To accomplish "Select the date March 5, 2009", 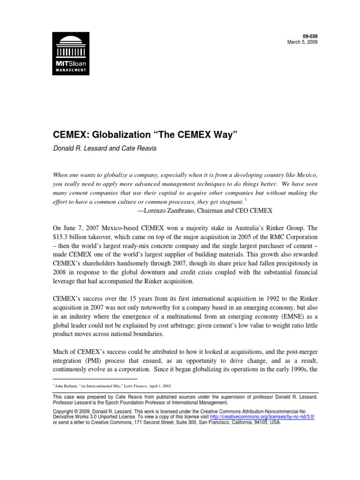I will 291,42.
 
